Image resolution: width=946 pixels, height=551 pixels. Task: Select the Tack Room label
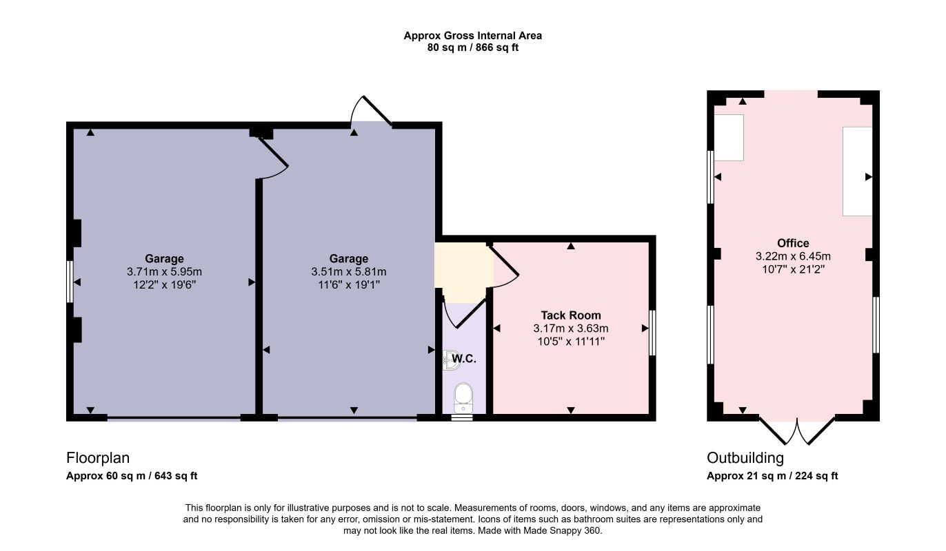click(570, 315)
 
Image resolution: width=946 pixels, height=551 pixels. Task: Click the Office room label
click(793, 243)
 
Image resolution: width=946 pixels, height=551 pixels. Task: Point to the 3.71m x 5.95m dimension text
click(164, 271)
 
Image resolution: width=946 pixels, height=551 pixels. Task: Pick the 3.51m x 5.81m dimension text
click(349, 271)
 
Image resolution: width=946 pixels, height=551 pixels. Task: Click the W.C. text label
click(464, 359)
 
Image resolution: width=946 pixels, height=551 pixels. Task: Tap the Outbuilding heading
click(745, 458)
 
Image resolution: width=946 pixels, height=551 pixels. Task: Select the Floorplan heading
click(98, 458)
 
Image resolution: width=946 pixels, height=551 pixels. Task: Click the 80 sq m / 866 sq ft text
click(472, 48)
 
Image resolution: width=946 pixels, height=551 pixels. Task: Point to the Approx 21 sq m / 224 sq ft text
click(772, 476)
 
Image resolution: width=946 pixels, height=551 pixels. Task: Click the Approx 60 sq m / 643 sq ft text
click(132, 476)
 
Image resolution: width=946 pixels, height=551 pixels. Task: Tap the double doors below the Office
click(797, 431)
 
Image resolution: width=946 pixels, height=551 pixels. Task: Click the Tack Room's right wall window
click(652, 333)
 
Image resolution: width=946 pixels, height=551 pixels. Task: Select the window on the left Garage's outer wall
click(70, 282)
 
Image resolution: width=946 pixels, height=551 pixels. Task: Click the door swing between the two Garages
click(273, 158)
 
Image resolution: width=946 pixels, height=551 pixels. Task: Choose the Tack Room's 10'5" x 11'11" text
click(571, 342)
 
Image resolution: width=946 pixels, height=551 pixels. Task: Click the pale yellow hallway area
click(464, 272)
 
